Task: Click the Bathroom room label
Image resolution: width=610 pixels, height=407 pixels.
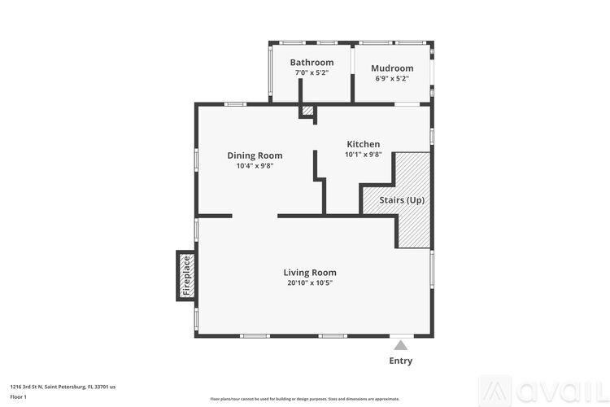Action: tap(312, 63)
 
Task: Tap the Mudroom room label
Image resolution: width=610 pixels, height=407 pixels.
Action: tap(392, 68)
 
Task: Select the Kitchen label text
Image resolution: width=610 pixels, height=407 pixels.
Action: tap(363, 144)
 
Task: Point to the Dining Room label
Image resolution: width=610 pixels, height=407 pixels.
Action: tap(255, 155)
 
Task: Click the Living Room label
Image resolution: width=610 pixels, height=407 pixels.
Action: tap(309, 273)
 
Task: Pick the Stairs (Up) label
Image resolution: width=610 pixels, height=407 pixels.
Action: tap(402, 200)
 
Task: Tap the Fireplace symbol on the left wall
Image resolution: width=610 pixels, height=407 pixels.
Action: tap(185, 276)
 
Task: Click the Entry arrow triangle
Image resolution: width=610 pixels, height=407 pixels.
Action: tap(400, 345)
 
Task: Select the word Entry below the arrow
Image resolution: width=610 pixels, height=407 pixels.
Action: tap(400, 361)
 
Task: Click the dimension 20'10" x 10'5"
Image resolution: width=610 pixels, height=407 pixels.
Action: tap(309, 283)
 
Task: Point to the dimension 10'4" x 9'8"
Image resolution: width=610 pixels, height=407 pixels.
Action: tap(255, 166)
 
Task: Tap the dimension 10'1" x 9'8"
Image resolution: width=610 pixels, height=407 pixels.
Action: tap(363, 155)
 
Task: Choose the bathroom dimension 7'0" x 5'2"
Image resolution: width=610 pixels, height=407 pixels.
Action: tap(312, 73)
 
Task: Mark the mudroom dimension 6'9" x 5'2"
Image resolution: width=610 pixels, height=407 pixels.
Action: tap(392, 79)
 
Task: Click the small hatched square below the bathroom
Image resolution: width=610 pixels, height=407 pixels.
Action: tap(307, 111)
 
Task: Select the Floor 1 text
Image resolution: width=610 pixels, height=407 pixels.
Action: tap(19, 396)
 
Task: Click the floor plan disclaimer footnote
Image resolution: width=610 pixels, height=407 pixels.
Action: tap(304, 399)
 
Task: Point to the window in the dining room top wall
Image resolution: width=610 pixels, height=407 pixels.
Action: tap(236, 103)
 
